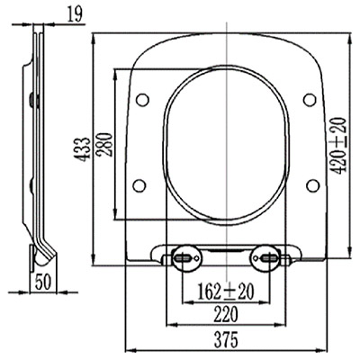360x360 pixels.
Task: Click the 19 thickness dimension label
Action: (x=75, y=14)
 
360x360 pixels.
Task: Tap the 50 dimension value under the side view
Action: (x=43, y=282)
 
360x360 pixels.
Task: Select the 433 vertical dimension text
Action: (x=82, y=149)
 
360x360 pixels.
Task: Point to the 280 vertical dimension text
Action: (x=105, y=144)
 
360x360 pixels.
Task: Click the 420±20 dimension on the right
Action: (x=340, y=146)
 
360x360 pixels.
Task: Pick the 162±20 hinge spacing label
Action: (x=226, y=292)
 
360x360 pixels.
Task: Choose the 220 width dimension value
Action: (x=226, y=315)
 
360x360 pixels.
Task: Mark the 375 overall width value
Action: (x=226, y=340)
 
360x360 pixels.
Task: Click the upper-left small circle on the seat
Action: (x=142, y=100)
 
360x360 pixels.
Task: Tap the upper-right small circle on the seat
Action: (x=310, y=100)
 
